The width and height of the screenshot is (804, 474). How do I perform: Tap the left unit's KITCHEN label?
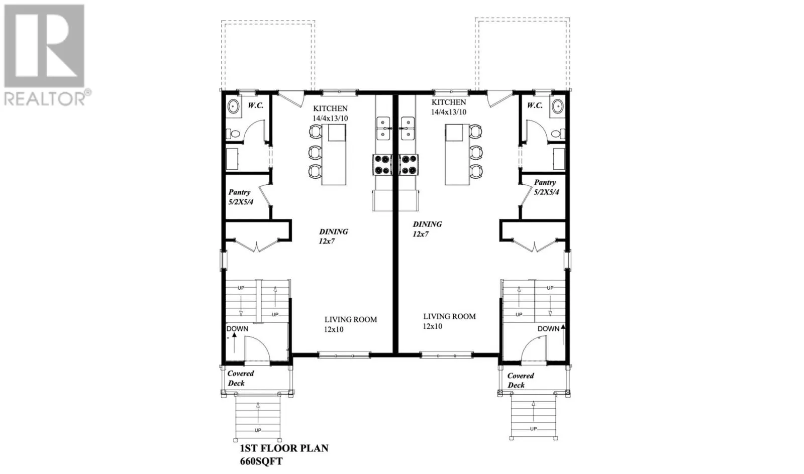[330, 108]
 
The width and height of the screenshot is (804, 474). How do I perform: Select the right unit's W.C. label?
[535, 105]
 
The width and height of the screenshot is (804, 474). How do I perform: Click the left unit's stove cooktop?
[382, 164]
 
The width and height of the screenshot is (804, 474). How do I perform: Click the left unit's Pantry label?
[239, 192]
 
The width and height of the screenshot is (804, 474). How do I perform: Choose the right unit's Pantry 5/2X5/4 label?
[546, 187]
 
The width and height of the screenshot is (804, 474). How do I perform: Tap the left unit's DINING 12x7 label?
[333, 236]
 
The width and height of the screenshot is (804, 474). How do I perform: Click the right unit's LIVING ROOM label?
[449, 316]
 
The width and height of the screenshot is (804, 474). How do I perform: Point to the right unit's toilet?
[556, 134]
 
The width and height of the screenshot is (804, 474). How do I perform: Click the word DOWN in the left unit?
[237, 329]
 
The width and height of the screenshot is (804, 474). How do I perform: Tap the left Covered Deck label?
[240, 378]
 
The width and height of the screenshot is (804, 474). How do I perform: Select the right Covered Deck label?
[520, 380]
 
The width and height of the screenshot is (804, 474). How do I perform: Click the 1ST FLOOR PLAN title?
[281, 448]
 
